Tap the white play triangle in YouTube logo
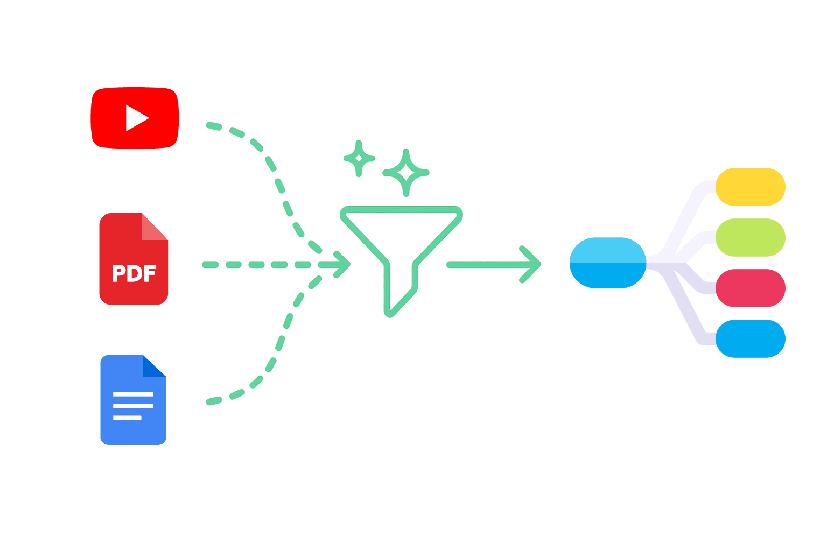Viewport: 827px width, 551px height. click(x=136, y=118)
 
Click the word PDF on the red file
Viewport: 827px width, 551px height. click(x=134, y=274)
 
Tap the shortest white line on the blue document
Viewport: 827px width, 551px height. click(x=127, y=418)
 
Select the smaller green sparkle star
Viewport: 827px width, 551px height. click(x=359, y=158)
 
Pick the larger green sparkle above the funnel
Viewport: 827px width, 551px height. click(x=406, y=173)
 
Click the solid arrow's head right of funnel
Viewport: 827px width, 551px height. click(x=533, y=264)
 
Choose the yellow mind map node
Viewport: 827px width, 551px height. click(x=750, y=187)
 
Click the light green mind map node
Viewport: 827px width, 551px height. click(x=750, y=237)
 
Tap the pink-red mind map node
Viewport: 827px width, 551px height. click(x=750, y=288)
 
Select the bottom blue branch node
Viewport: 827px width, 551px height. click(x=750, y=338)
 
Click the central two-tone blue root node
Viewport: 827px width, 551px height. click(x=608, y=263)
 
